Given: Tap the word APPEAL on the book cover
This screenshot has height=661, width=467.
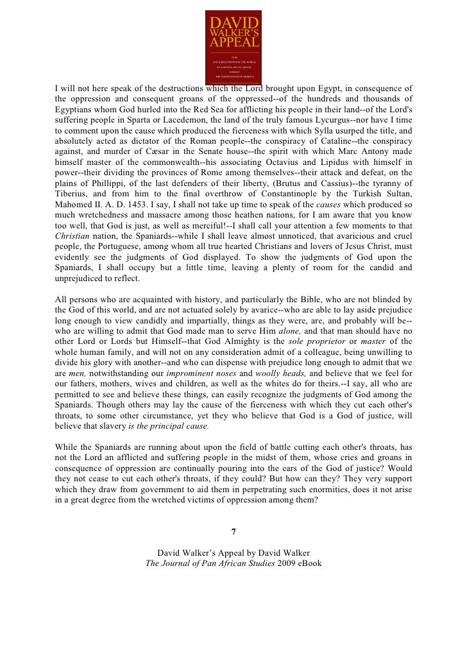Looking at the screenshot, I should click(234, 42).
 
